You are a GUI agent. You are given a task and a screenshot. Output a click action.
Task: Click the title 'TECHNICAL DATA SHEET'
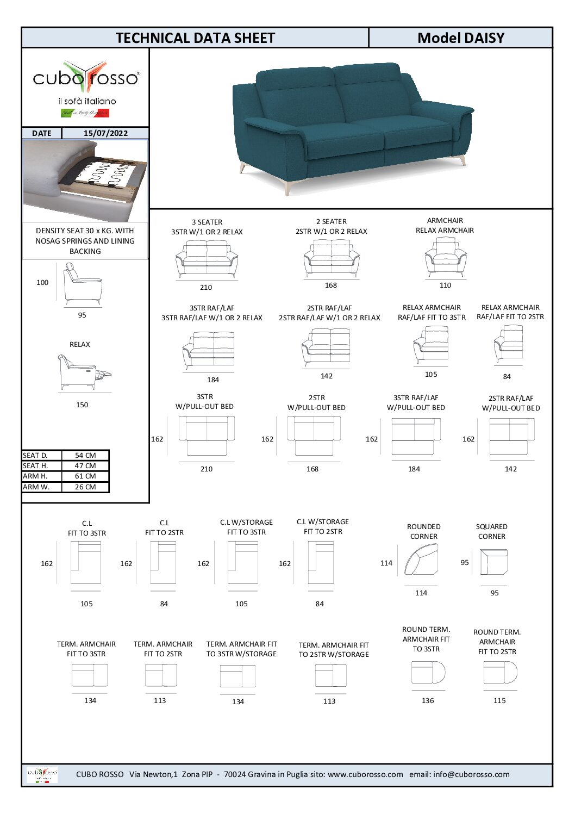195,38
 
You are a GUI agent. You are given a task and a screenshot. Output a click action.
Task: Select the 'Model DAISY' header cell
460,38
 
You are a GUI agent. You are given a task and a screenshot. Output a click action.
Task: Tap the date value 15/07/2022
105,133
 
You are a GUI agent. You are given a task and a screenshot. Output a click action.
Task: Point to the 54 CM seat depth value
85,456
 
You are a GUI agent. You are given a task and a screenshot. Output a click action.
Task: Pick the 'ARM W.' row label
36,487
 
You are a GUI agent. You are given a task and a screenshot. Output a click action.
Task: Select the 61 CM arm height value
85,476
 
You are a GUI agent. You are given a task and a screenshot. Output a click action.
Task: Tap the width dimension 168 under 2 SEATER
331,285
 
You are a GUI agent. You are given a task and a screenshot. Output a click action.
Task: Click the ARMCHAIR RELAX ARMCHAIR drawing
445,257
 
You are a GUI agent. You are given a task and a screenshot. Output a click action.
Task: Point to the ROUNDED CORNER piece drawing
421,560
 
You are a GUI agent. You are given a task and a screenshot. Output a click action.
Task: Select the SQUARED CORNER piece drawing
493,562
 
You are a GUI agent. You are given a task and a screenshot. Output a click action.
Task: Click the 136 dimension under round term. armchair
428,701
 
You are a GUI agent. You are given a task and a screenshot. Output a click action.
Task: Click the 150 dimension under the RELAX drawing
82,405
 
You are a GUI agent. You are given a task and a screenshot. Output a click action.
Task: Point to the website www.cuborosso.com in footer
365,775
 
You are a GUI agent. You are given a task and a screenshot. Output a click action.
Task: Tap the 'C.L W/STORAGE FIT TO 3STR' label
246,527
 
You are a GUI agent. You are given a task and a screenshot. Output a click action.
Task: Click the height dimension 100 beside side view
42,283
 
